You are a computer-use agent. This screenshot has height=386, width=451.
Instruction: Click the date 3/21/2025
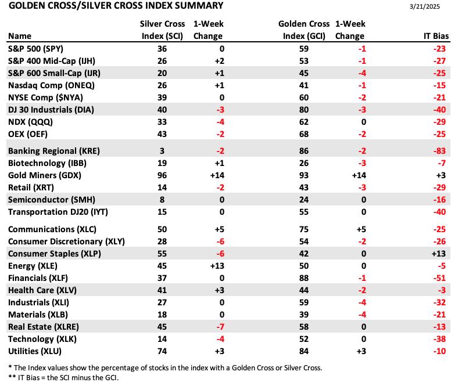pos(424,6)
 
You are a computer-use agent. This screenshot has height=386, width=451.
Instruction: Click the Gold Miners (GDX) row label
pos(45,175)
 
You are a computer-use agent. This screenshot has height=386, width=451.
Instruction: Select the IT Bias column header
pos(436,36)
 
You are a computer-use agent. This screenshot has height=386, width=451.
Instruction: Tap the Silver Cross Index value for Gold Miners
pos(162,175)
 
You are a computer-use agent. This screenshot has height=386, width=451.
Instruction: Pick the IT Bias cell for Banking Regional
pos(439,151)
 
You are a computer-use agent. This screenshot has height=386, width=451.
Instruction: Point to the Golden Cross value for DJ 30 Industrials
pos(304,110)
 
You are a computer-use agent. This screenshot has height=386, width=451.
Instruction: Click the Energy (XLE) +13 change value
pos(217,266)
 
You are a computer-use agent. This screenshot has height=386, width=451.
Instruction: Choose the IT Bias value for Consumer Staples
pos(438,254)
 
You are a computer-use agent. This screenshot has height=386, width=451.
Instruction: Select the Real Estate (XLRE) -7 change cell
pos(220,327)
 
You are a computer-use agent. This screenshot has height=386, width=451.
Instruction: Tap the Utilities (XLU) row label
pos(35,351)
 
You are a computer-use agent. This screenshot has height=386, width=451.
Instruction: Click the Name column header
pos(20,36)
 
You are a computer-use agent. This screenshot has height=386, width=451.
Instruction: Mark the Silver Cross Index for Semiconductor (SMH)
pos(162,200)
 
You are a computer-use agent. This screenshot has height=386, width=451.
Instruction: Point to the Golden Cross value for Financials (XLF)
pos(304,278)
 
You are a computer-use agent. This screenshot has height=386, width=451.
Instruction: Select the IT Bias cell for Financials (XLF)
pos(439,278)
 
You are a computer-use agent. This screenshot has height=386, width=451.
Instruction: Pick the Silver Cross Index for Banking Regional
pos(162,151)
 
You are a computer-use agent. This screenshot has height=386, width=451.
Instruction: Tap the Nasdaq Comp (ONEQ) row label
pos(51,85)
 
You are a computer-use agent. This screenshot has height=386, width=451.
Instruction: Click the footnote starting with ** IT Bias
pos(63,377)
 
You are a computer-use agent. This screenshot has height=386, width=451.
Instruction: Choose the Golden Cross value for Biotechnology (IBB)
pos(304,163)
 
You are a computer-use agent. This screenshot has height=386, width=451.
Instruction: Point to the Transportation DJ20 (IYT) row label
pos(58,212)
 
